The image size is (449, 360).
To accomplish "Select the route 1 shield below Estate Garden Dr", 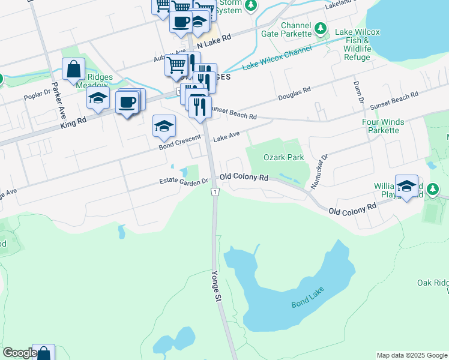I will pos(214,191).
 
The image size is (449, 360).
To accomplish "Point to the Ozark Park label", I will pos(283,157).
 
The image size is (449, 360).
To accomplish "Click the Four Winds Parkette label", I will pos(380,125).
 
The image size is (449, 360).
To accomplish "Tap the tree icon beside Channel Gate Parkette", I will pos(321,28).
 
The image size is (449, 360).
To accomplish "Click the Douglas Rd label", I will pos(294,94).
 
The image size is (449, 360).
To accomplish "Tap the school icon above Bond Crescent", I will pos(163,126).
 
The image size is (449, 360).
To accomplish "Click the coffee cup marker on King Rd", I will pos(127,102).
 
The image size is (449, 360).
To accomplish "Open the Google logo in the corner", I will pos(19,353).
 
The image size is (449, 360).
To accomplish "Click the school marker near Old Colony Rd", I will pos(406,186).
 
